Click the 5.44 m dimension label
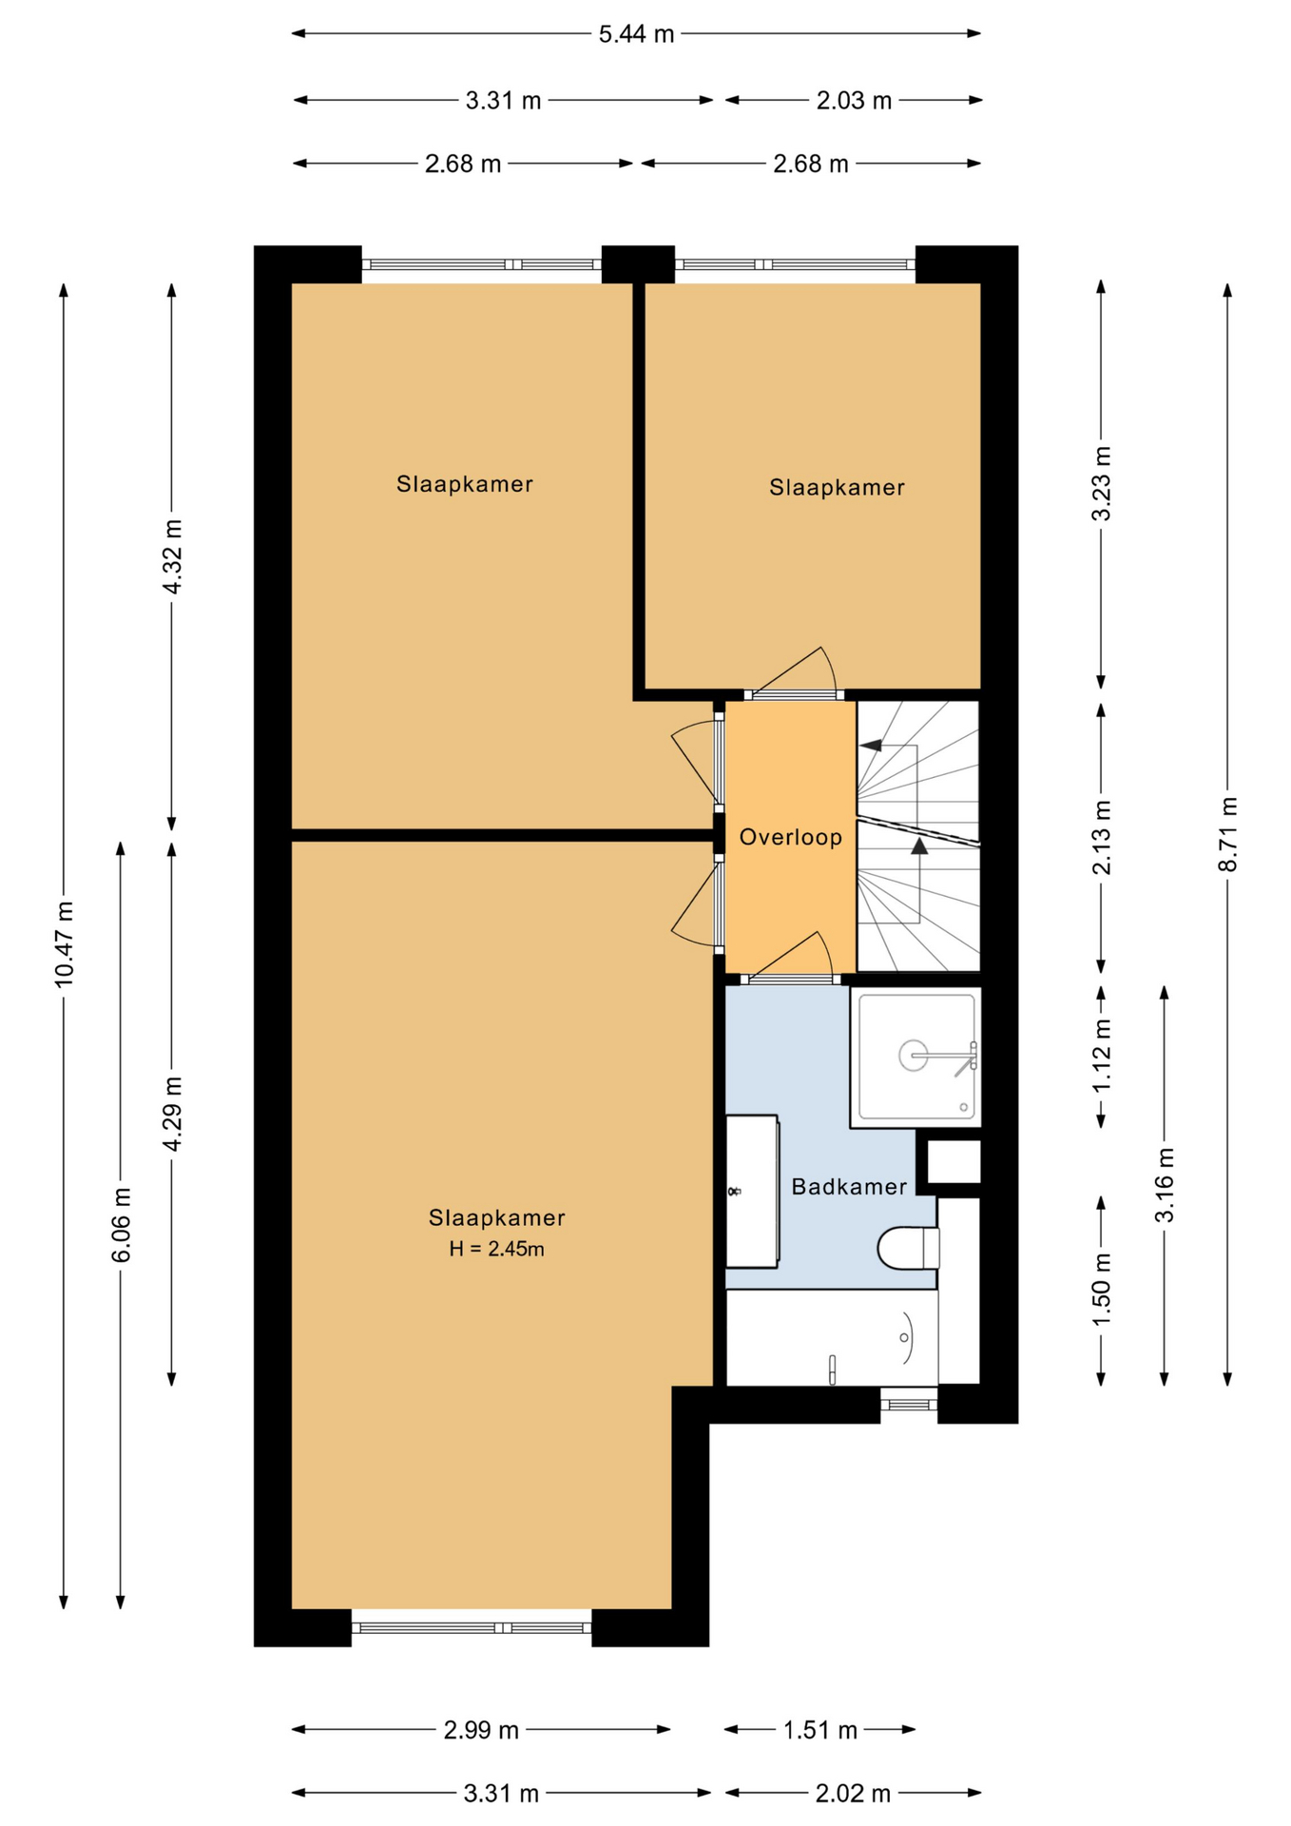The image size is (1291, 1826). coord(636,34)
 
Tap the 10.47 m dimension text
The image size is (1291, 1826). coord(64,943)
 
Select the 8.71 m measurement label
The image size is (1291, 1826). coord(1228,834)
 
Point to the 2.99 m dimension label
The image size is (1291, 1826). coord(481,1730)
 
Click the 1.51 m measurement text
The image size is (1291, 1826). coord(819,1730)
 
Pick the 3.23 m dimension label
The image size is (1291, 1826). coord(1101,483)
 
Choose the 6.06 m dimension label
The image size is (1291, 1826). coord(121,1225)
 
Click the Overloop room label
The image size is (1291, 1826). coord(791,837)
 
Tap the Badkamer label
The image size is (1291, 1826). coord(849,1186)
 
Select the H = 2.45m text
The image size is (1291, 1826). coord(497,1249)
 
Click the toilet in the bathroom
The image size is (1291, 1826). coord(909,1248)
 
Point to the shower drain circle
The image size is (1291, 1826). coord(913,1056)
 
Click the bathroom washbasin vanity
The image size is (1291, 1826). coord(752,1191)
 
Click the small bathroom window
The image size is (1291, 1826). coord(909,1404)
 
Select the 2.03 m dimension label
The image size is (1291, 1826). coord(854,101)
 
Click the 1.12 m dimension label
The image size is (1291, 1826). coord(1101,1057)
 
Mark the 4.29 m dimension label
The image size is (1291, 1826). coord(172,1114)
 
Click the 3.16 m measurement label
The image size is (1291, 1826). coord(1165,1185)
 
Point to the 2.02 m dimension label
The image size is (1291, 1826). coord(853,1794)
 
